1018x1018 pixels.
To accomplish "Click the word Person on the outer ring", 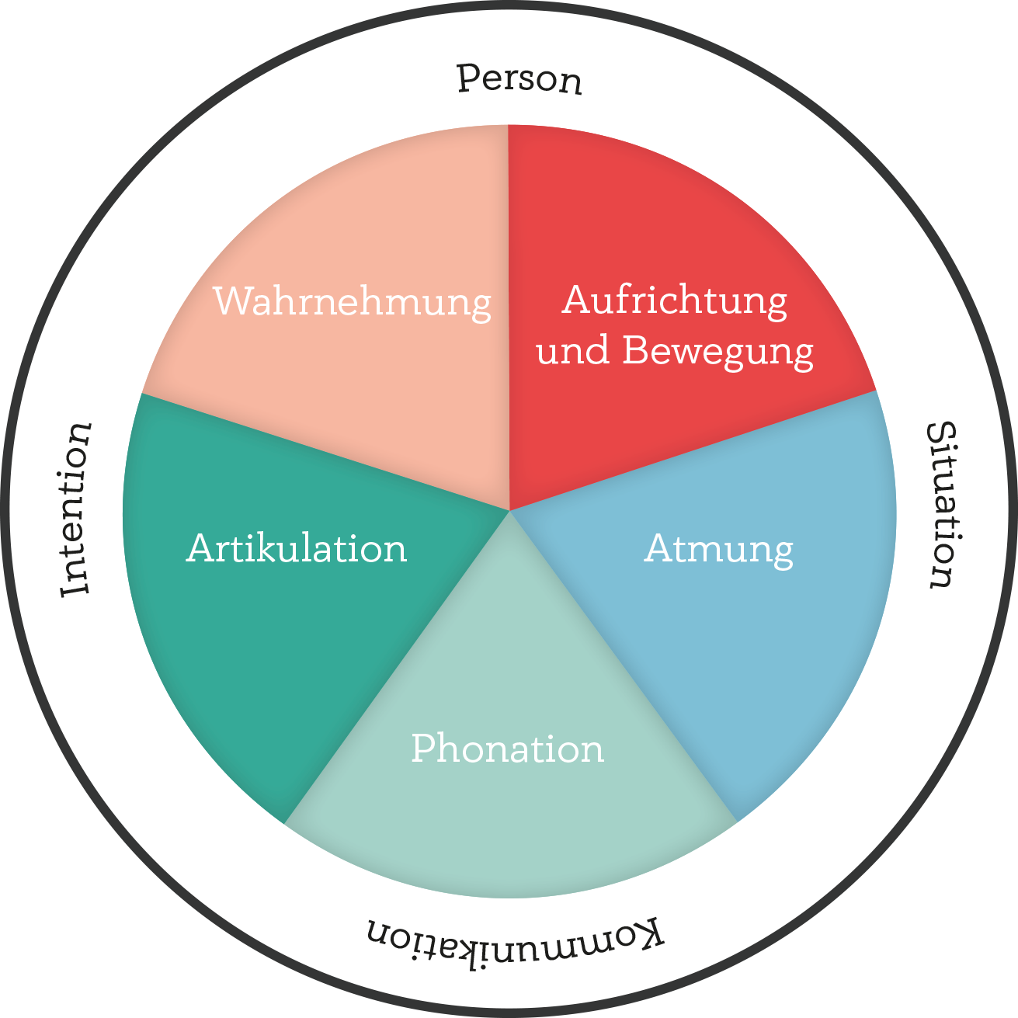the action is (x=519, y=79).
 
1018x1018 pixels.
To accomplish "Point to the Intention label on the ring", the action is (x=77, y=509).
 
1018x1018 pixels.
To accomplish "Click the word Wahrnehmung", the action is (x=352, y=301).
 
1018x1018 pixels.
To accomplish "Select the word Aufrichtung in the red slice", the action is (x=674, y=301).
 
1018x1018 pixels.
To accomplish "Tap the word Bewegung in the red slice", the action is (x=717, y=351).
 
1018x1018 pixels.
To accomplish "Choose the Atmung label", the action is (x=718, y=550).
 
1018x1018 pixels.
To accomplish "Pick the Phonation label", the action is (x=507, y=749).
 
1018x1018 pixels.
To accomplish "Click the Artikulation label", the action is (x=297, y=548).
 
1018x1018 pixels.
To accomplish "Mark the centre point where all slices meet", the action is (x=509, y=510).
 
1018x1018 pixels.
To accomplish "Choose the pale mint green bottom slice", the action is (x=509, y=823).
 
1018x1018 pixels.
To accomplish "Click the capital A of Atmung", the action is (x=658, y=548).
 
